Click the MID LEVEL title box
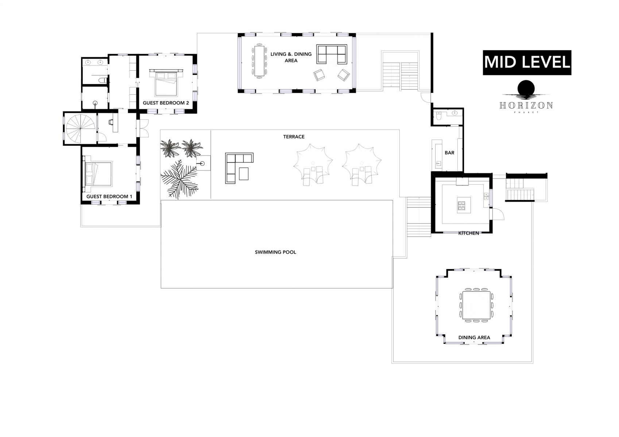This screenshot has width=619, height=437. pos(527,63)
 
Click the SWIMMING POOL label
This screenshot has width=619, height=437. pos(275,252)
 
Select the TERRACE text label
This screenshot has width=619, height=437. pos(294,137)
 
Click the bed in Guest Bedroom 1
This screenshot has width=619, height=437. pos(98,174)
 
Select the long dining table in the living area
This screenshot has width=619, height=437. pos(259,61)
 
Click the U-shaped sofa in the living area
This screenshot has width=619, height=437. pos(331,54)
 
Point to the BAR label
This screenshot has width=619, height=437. pos(449,153)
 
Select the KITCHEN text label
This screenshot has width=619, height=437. pos(468,233)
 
